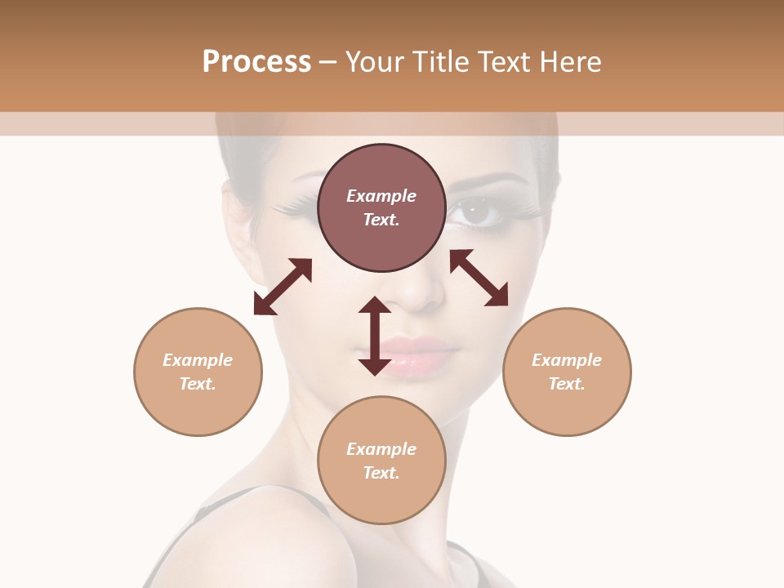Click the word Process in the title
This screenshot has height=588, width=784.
point(256,62)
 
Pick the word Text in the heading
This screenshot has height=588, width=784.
point(501,62)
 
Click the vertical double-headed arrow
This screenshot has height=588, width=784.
point(375,336)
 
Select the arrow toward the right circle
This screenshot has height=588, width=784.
point(479,278)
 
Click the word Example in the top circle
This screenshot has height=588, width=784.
point(381,196)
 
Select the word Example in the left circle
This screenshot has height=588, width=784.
point(198,360)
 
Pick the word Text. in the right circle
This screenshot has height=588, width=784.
point(567,384)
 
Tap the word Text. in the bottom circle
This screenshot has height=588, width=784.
point(381,473)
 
